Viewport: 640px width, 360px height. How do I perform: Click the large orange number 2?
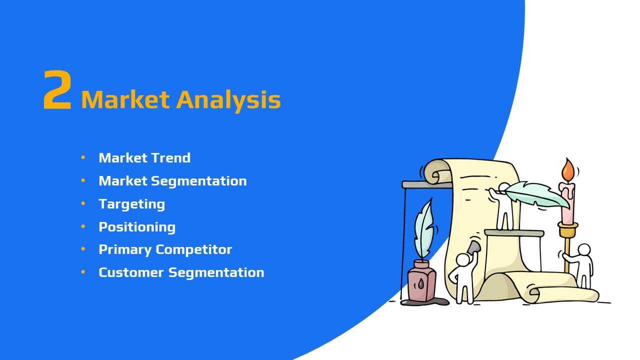pos(57,89)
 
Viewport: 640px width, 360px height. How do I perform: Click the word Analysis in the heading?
pos(228,100)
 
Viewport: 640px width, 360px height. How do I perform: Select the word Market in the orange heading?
pos(125,99)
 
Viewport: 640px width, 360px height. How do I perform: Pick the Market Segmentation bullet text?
pos(172,181)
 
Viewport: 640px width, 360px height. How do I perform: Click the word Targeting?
pos(131,204)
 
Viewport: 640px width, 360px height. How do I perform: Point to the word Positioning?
pos(137,227)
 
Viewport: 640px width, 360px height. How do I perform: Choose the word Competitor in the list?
pos(193,249)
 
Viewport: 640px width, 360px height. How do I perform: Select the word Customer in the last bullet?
pos(131,272)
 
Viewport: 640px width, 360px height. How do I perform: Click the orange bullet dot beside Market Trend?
pos(83,157)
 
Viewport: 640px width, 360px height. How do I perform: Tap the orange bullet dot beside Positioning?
pos(83,226)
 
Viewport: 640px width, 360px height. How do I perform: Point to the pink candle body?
pos(567,203)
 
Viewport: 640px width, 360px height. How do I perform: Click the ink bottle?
pos(421,281)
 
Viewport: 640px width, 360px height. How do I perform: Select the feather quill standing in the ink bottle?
pos(424,229)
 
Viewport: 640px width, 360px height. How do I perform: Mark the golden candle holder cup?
pos(567,229)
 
